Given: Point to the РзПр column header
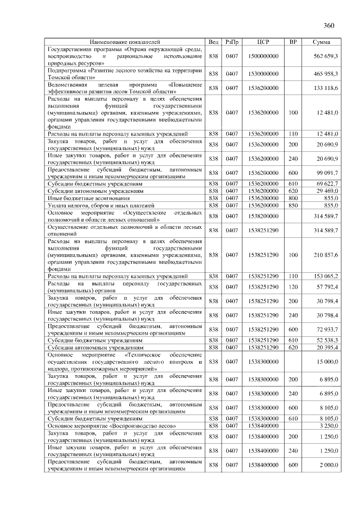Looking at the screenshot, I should tap(232, 42).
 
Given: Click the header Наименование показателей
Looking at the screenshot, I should tap(125, 42).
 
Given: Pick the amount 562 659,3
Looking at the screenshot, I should tap(326, 57).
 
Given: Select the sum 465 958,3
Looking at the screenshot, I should tap(326, 74).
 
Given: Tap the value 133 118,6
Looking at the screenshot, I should tap(326, 88).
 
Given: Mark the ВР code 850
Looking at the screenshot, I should tap(293, 206).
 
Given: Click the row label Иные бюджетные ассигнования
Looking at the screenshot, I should tap(85, 199).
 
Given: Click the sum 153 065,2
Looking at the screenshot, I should tap(326, 276).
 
